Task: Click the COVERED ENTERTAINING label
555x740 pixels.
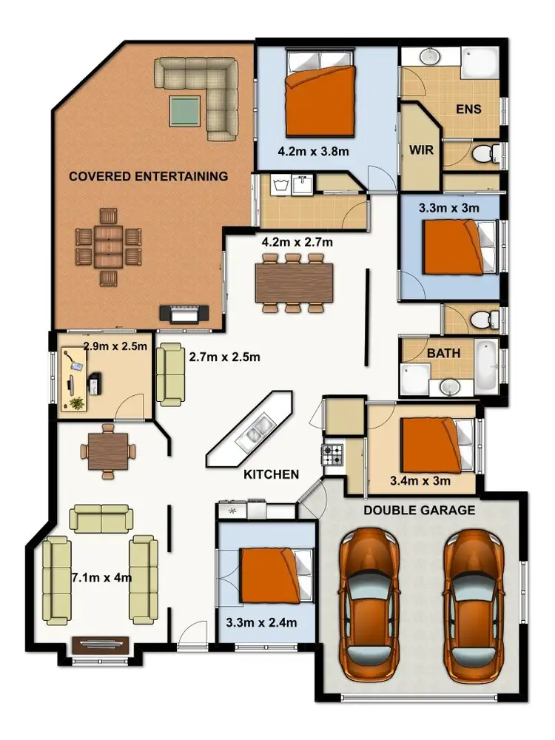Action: coord(148,176)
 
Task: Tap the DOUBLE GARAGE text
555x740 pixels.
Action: coord(419,511)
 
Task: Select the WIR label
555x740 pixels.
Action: coord(420,148)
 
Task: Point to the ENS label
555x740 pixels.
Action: coord(468,110)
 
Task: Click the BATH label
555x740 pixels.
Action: coord(443,354)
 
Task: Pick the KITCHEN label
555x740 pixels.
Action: coord(271,474)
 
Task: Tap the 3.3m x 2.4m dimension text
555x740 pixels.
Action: coord(261,623)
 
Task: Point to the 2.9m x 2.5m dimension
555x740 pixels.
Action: coord(115,346)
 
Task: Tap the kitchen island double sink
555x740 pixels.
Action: coord(255,431)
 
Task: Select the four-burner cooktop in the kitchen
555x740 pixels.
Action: coord(333,453)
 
